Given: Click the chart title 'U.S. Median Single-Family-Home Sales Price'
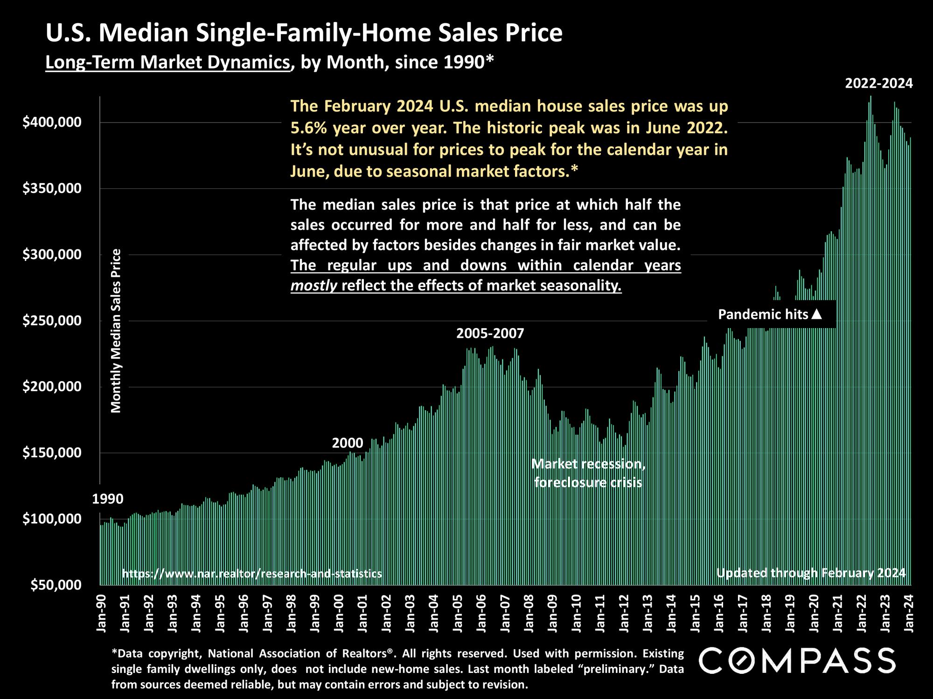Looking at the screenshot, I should coord(304,34).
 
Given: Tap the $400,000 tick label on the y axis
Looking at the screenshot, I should coord(52,123).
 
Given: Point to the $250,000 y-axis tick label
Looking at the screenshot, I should coord(52,321).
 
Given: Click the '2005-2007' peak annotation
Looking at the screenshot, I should coord(490,334).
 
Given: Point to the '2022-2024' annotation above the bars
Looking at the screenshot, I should coord(879,84).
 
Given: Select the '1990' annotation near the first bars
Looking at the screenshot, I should coord(108,499).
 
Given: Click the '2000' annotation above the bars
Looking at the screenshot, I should coord(348,443).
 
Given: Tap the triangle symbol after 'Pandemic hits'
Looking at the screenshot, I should coord(816,315).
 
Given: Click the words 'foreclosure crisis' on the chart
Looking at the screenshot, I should coord(588,482).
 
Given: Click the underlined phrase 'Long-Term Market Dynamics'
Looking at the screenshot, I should coord(168,62).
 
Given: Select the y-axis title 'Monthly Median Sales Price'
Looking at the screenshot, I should coord(116,331).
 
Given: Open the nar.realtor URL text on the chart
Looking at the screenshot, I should coord(252,574).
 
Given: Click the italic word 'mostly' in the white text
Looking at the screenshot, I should coord(313,285).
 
